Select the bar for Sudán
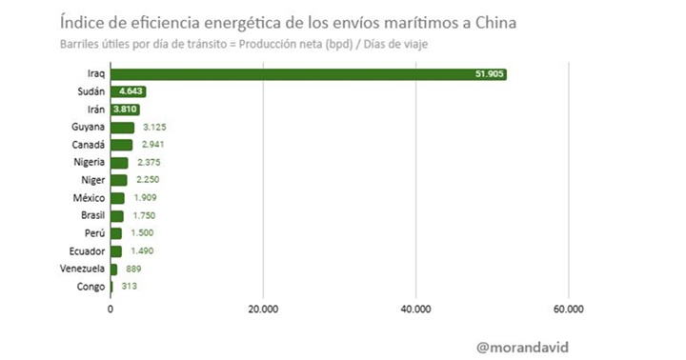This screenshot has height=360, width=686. click(128, 91)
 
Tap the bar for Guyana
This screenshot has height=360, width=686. click(122, 127)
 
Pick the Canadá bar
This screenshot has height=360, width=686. click(121, 145)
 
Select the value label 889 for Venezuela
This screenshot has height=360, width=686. click(133, 269)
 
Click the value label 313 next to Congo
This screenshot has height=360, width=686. click(129, 287)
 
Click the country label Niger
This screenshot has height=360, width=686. click(91, 180)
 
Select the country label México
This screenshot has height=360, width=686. click(88, 198)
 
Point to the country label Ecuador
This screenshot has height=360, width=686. click(86, 251)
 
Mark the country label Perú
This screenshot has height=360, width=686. click(92, 233)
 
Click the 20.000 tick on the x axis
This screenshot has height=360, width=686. click(263, 309)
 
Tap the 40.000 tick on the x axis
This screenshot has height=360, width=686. click(416, 309)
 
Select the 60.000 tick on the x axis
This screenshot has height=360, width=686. click(569, 309)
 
